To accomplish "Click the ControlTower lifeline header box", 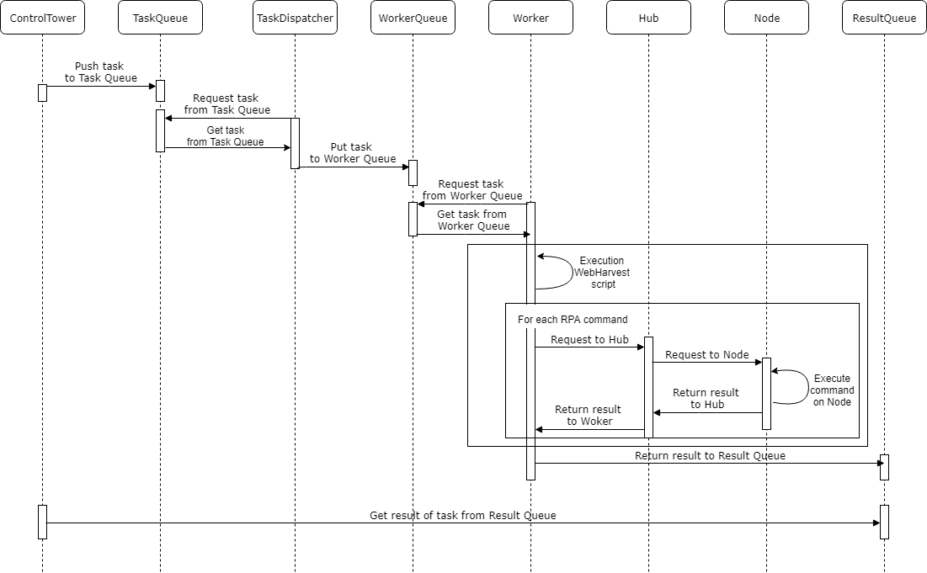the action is pyautogui.click(x=43, y=18).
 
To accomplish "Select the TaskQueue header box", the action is pyautogui.click(x=160, y=18).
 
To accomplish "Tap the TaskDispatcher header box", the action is pyautogui.click(x=295, y=18).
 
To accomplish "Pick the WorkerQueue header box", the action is pyautogui.click(x=413, y=18).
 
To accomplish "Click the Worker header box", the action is pyautogui.click(x=531, y=18).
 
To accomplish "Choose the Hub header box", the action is pyautogui.click(x=648, y=18).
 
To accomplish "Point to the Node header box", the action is pyautogui.click(x=767, y=18).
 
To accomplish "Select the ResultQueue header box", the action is pyautogui.click(x=884, y=18).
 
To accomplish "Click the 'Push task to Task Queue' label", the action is pyautogui.click(x=100, y=72).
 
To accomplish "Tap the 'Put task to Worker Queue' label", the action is pyautogui.click(x=352, y=152).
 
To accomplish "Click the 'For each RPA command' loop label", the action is pyautogui.click(x=573, y=320).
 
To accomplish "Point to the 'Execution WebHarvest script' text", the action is pyautogui.click(x=603, y=273).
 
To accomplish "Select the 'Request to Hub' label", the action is pyautogui.click(x=589, y=340).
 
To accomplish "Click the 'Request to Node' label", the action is pyautogui.click(x=707, y=354).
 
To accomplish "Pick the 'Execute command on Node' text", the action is pyautogui.click(x=832, y=390).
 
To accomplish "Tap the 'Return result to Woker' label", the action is pyautogui.click(x=589, y=416).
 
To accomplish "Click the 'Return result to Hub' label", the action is pyautogui.click(x=706, y=398).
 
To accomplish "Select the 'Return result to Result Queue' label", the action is pyautogui.click(x=710, y=455).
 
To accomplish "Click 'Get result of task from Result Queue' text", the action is pyautogui.click(x=463, y=515).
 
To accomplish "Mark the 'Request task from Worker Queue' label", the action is pyautogui.click(x=471, y=189).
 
